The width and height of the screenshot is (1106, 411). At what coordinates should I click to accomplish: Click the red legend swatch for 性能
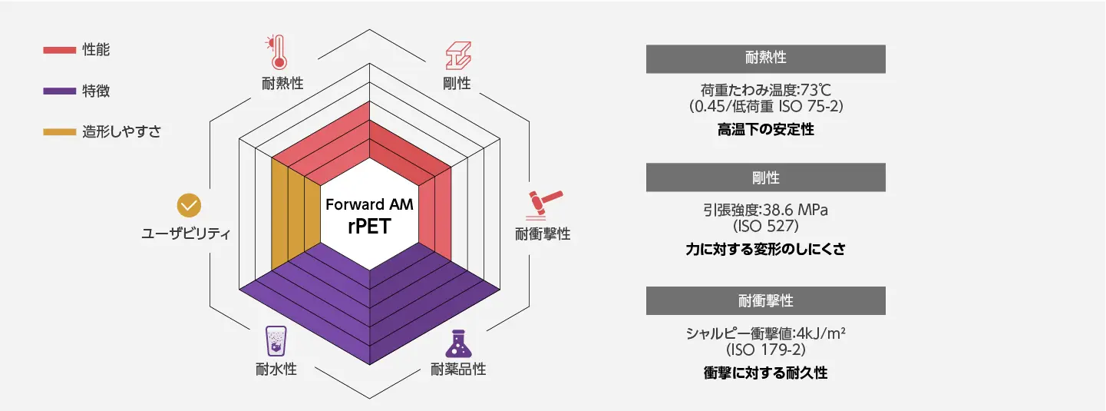58,51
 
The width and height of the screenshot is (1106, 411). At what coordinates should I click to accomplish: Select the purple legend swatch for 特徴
58,91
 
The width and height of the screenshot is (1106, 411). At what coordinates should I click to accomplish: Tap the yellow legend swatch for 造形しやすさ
58,132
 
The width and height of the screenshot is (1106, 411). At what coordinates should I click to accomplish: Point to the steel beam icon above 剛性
457,54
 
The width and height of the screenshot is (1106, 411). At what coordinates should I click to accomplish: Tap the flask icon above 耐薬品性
458,343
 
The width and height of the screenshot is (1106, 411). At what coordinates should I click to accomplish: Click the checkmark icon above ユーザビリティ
188,205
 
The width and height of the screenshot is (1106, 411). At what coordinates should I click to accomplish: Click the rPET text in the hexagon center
369,228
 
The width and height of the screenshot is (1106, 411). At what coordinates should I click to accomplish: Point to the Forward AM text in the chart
369,205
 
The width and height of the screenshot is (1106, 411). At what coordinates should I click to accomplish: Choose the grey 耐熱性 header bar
765,58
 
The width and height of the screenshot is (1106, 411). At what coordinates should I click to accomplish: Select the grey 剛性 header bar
765,177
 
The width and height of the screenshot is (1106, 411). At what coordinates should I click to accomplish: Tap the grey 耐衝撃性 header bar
765,300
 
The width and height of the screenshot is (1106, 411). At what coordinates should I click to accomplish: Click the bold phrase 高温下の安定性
765,130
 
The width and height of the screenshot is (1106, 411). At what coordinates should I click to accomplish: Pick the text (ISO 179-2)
765,350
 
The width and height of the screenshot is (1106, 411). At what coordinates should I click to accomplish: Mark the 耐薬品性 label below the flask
458,370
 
